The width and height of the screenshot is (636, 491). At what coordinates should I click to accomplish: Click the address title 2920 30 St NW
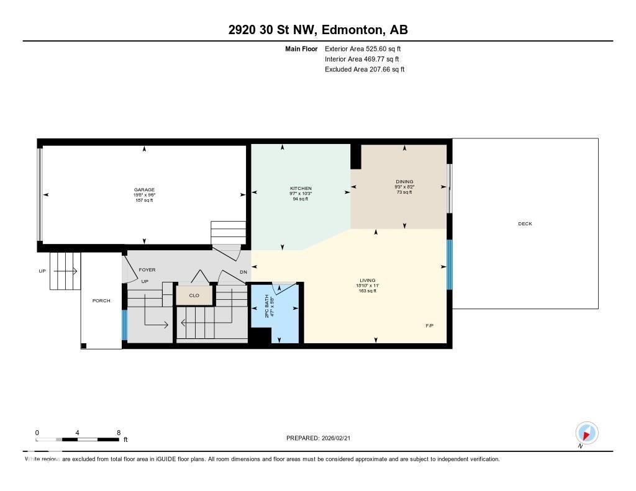317,30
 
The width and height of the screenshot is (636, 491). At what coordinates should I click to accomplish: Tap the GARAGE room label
144,190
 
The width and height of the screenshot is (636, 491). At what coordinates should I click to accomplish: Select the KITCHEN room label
301,188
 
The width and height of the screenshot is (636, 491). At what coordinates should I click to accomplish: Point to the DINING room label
404,182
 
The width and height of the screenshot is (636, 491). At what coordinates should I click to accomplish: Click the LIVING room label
367,281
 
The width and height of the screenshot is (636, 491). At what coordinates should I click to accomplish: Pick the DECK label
525,224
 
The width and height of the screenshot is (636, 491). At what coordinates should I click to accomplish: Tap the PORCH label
101,301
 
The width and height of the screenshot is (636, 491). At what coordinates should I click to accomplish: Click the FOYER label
147,270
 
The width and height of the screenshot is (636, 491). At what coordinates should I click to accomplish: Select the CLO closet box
194,295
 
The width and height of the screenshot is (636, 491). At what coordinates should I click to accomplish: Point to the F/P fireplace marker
429,325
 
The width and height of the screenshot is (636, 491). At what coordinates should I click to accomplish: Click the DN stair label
243,273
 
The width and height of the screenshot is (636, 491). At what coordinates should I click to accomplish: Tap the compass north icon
586,433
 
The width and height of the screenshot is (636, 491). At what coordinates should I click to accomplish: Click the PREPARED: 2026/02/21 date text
322,438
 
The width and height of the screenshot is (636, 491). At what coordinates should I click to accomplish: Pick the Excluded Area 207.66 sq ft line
365,70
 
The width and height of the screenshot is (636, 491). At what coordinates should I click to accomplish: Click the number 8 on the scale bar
118,433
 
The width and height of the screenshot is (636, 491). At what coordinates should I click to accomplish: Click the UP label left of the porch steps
42,271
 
